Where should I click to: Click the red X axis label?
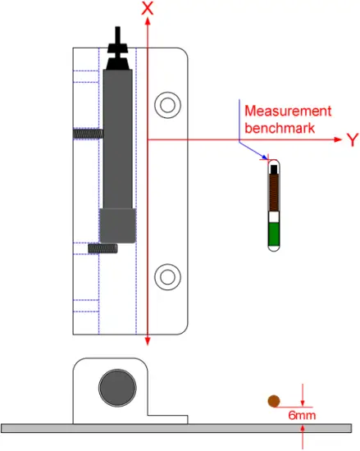point(148,8)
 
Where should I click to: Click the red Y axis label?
point(353,140)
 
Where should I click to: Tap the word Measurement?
point(288,111)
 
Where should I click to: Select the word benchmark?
point(280,128)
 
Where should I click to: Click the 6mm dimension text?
point(302,416)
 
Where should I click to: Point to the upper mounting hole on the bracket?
point(167,105)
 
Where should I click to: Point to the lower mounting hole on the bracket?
point(167,276)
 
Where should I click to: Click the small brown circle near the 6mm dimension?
point(274,401)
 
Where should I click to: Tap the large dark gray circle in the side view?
point(117,388)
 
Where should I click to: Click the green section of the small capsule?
point(274,234)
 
